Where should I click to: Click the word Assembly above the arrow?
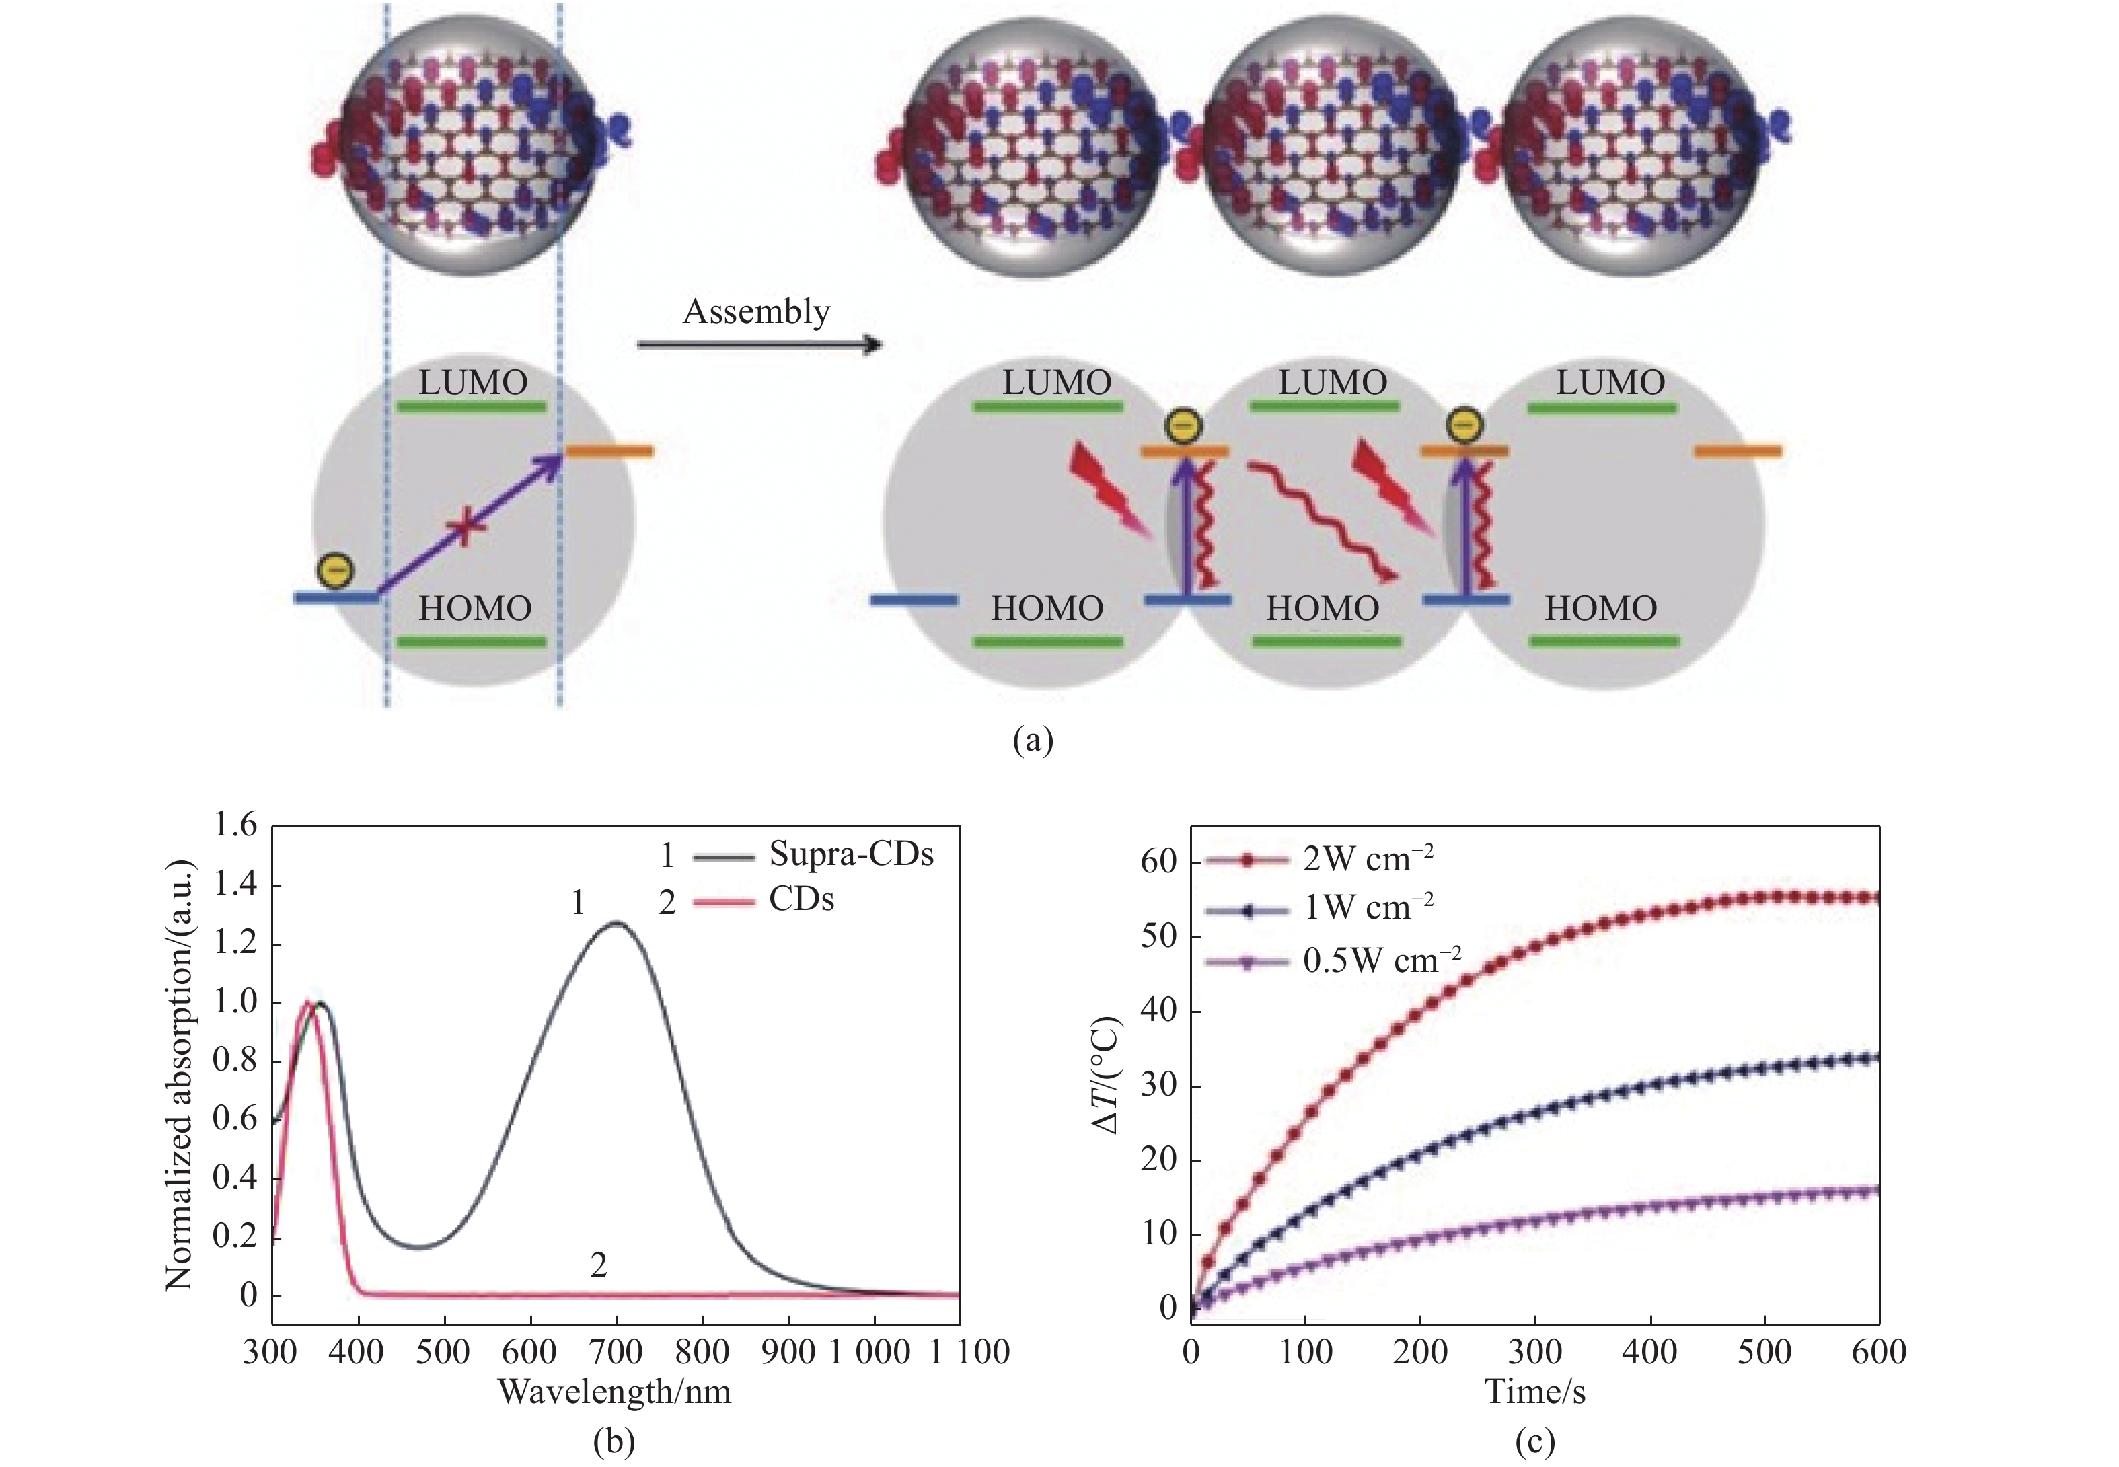[755, 313]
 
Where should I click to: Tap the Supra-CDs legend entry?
[850, 854]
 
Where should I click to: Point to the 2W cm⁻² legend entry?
[1367, 860]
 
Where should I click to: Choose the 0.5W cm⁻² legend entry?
[1381, 961]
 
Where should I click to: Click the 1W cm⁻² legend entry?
[1367, 908]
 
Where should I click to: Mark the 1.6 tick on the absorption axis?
[235, 825]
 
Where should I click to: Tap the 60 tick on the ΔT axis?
[1158, 861]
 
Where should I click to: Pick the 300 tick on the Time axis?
[1534, 1352]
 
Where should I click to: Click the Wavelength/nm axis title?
[614, 1392]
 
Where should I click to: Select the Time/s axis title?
[1534, 1392]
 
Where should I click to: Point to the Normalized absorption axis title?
[180, 1076]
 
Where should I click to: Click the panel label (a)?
[1033, 741]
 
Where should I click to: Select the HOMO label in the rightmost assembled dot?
[1600, 609]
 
